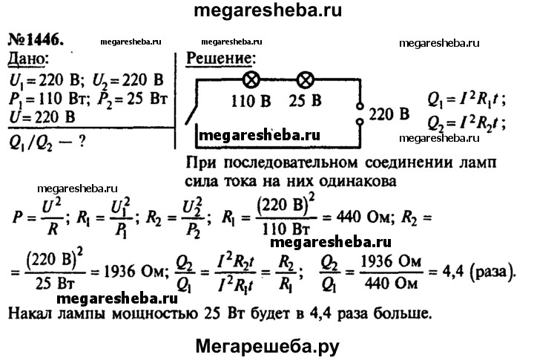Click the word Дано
(30, 59)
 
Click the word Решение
(222, 59)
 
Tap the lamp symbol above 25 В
(303, 78)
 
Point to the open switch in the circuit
(191, 114)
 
